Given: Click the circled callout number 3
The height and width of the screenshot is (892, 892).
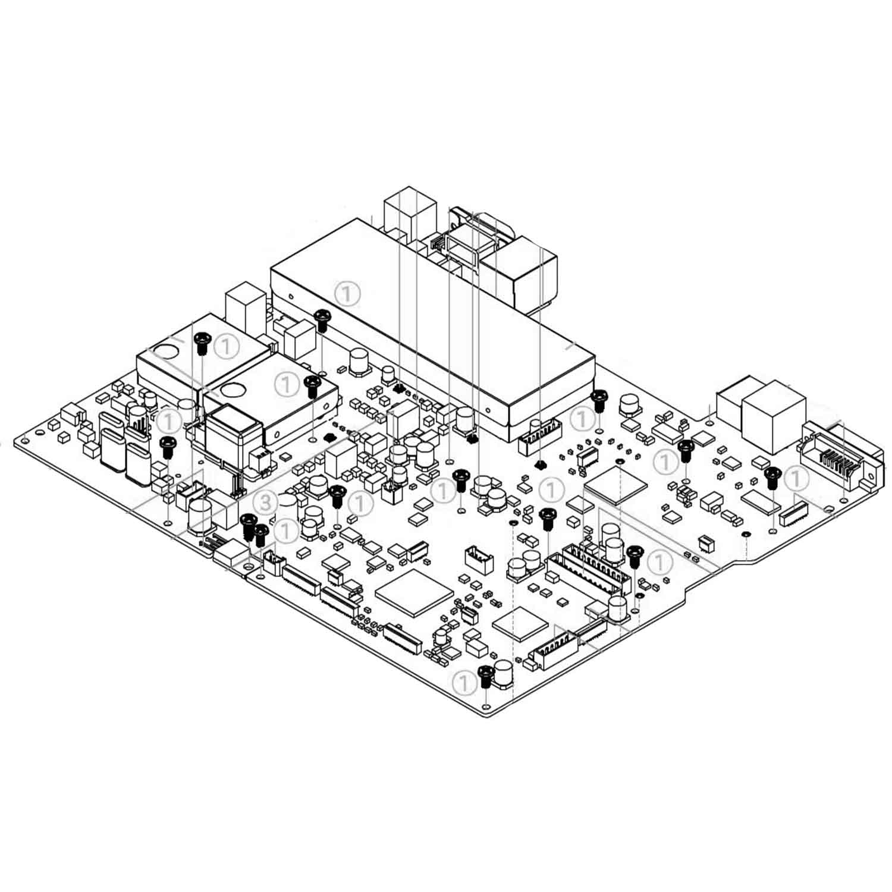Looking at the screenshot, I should pos(266,502).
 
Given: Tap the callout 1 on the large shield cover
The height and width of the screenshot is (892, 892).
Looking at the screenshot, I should pos(347,293).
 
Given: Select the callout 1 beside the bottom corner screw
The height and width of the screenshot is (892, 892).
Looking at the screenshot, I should pos(464,683).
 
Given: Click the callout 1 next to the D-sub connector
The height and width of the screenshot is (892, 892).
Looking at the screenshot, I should pos(796,478).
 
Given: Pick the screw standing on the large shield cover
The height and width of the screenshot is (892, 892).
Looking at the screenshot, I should pos(322,319).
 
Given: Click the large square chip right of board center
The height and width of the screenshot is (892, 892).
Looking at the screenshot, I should pos(615,487).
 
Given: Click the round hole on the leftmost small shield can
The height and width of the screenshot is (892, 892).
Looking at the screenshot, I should pos(168,351).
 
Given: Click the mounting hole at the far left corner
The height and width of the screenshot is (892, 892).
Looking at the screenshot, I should pos(24,441).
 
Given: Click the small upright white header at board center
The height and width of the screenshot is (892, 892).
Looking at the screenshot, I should pos(479,560).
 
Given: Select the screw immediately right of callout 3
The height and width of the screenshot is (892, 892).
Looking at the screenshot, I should pos(247,526).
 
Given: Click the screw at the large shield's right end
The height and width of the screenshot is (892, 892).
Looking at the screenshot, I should pos(599,401).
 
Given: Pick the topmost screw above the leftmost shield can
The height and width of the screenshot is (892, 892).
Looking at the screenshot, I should pos(202,342).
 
